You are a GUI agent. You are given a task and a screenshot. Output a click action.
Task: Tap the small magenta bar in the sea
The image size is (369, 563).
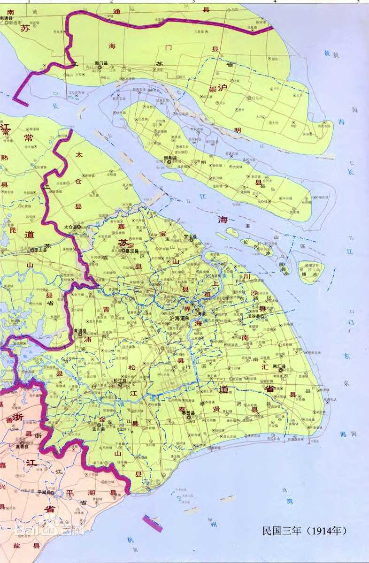pyautogui.click(x=153, y=523)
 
